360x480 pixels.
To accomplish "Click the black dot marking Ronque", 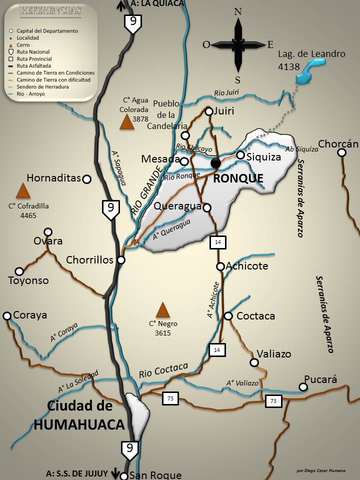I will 215,163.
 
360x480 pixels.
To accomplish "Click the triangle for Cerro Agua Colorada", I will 127,122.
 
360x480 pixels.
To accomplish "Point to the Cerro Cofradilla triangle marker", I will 22,191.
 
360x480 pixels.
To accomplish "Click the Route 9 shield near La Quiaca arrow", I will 133,23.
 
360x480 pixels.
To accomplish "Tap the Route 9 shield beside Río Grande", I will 110,209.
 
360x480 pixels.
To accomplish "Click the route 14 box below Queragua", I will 218,242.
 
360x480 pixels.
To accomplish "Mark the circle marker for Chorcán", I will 341,152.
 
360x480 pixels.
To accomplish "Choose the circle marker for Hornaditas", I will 87,179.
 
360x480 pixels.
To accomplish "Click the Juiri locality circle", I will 209,111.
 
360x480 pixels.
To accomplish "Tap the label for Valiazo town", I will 273,354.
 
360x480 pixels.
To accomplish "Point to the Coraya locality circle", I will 7,316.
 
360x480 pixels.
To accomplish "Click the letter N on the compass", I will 238,11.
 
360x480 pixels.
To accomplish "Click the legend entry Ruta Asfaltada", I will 34,65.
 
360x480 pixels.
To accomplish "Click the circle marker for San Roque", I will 125,475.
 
